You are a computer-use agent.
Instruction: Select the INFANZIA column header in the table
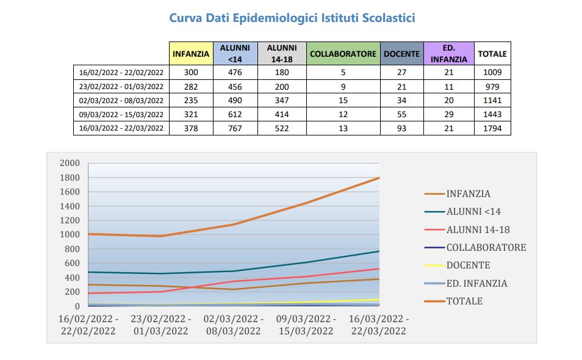[x=191, y=54]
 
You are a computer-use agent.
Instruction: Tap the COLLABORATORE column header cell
[x=343, y=54]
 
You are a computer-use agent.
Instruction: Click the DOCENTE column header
[x=401, y=54]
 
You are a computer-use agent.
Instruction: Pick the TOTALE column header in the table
[x=492, y=54]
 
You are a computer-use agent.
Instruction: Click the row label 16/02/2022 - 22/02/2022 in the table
[x=121, y=72]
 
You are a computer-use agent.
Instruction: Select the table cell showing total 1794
[x=492, y=128]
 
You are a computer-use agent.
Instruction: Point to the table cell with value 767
[x=235, y=128]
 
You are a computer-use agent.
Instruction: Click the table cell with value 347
[x=281, y=100]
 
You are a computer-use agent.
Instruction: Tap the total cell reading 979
[x=492, y=86]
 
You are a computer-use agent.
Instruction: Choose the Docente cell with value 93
[x=401, y=128]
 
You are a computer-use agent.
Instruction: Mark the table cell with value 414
[x=281, y=114]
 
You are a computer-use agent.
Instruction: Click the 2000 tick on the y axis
[x=70, y=163]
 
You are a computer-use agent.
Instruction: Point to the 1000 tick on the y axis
[x=70, y=235]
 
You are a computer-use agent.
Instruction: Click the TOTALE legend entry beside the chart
[x=464, y=301]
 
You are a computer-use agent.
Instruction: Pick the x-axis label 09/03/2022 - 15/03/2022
[x=306, y=325]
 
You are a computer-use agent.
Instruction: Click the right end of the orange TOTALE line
[x=378, y=178]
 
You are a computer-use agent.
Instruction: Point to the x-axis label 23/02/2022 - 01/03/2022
[x=162, y=325]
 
